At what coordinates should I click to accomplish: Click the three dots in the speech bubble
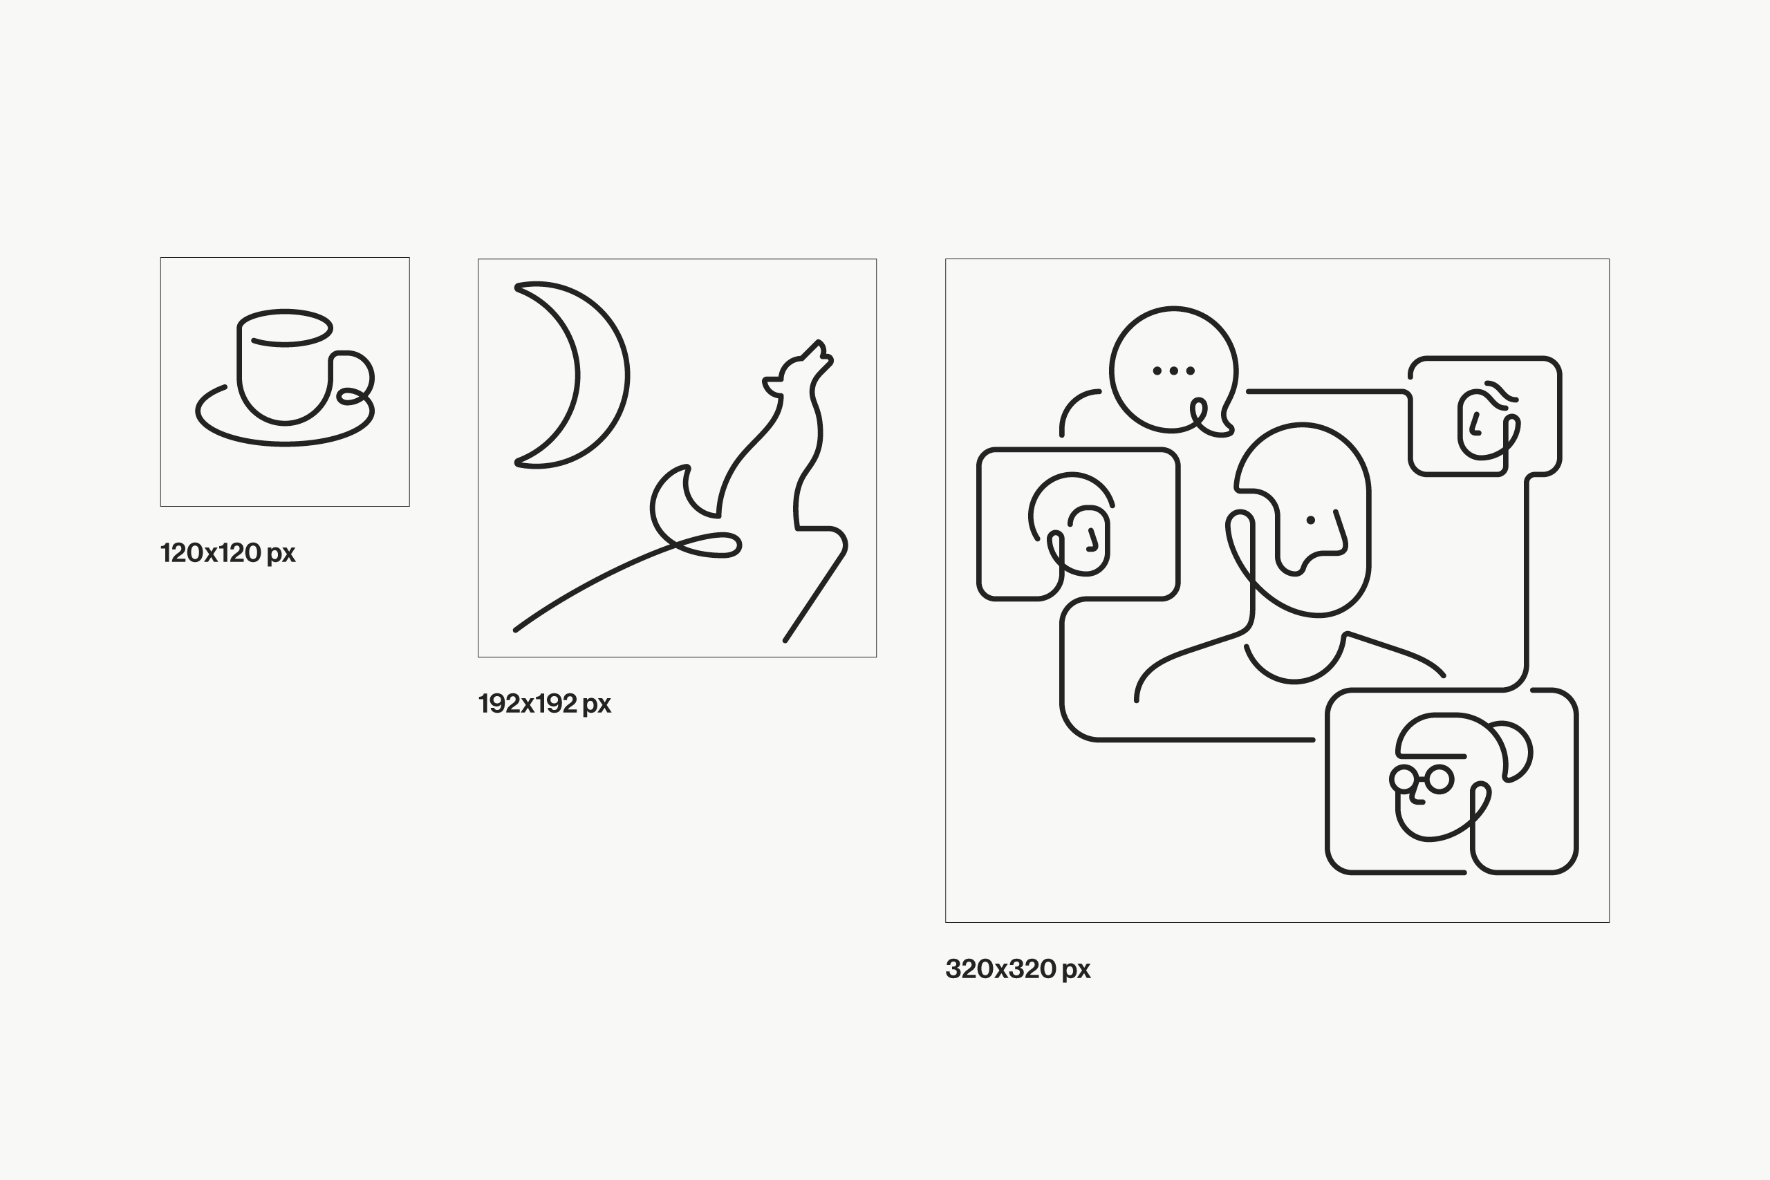1173,371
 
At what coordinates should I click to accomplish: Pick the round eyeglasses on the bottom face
1422,779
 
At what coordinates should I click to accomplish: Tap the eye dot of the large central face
1310,520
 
